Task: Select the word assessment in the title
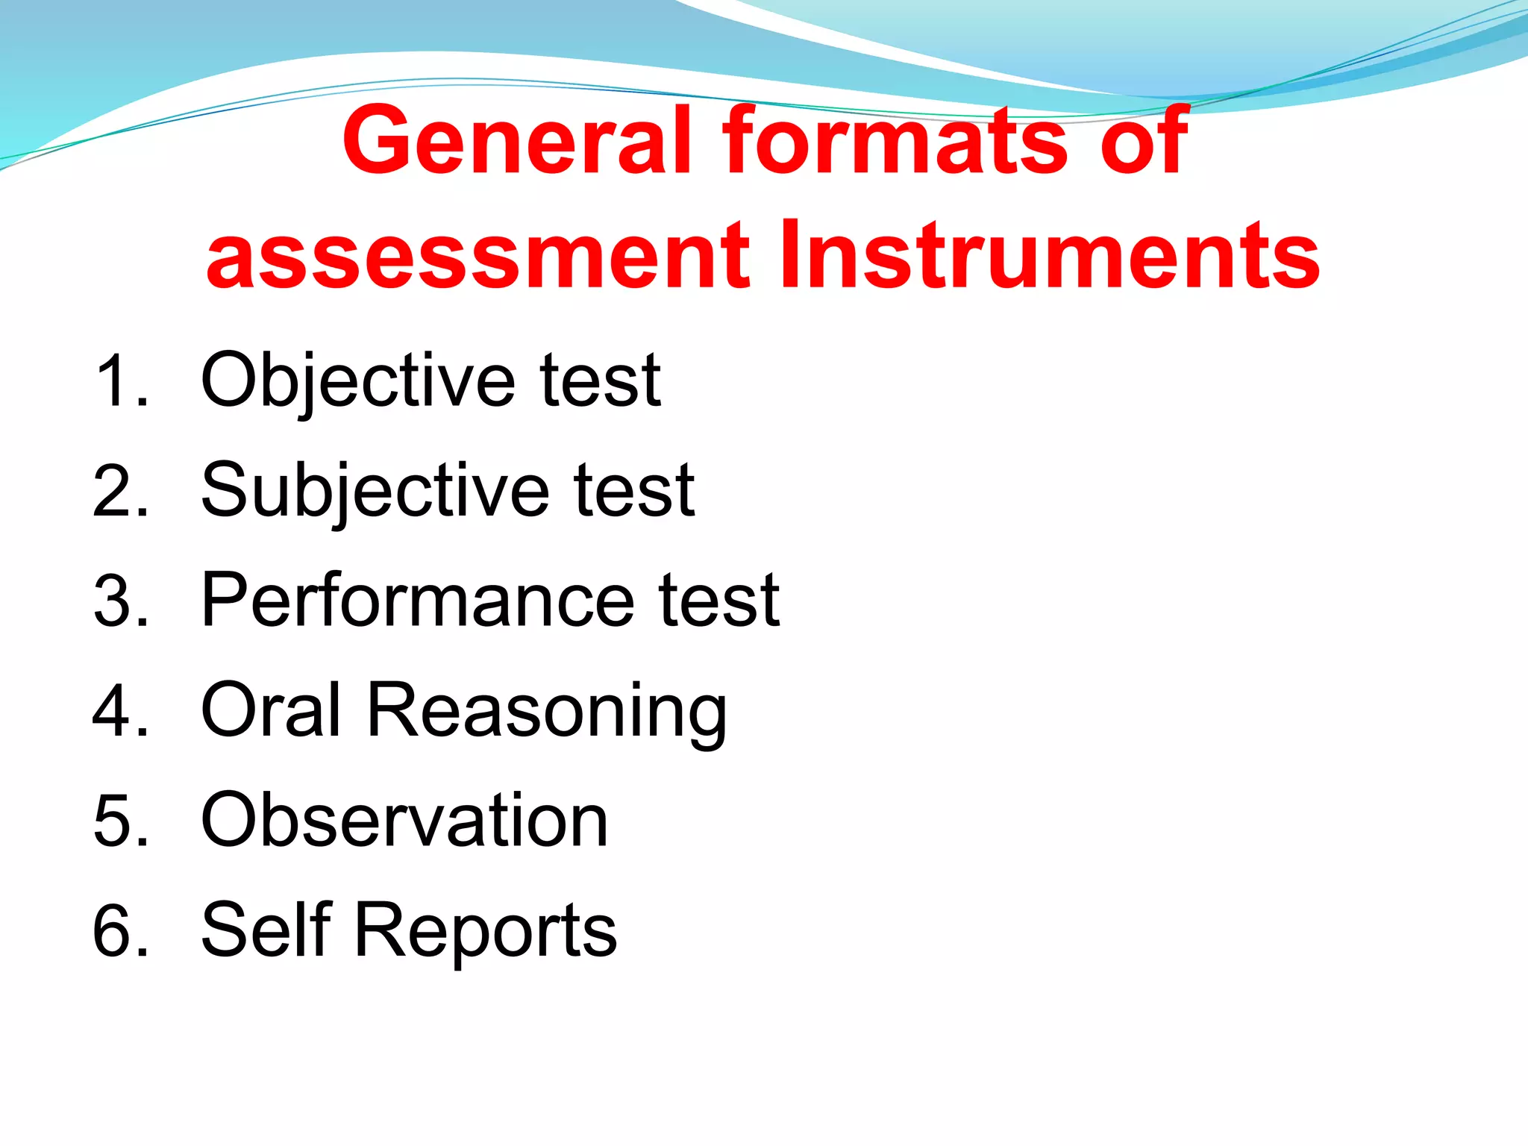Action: click(x=478, y=256)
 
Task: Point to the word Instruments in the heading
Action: click(x=1048, y=256)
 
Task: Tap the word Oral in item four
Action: click(x=272, y=710)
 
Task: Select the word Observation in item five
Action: click(x=404, y=820)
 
